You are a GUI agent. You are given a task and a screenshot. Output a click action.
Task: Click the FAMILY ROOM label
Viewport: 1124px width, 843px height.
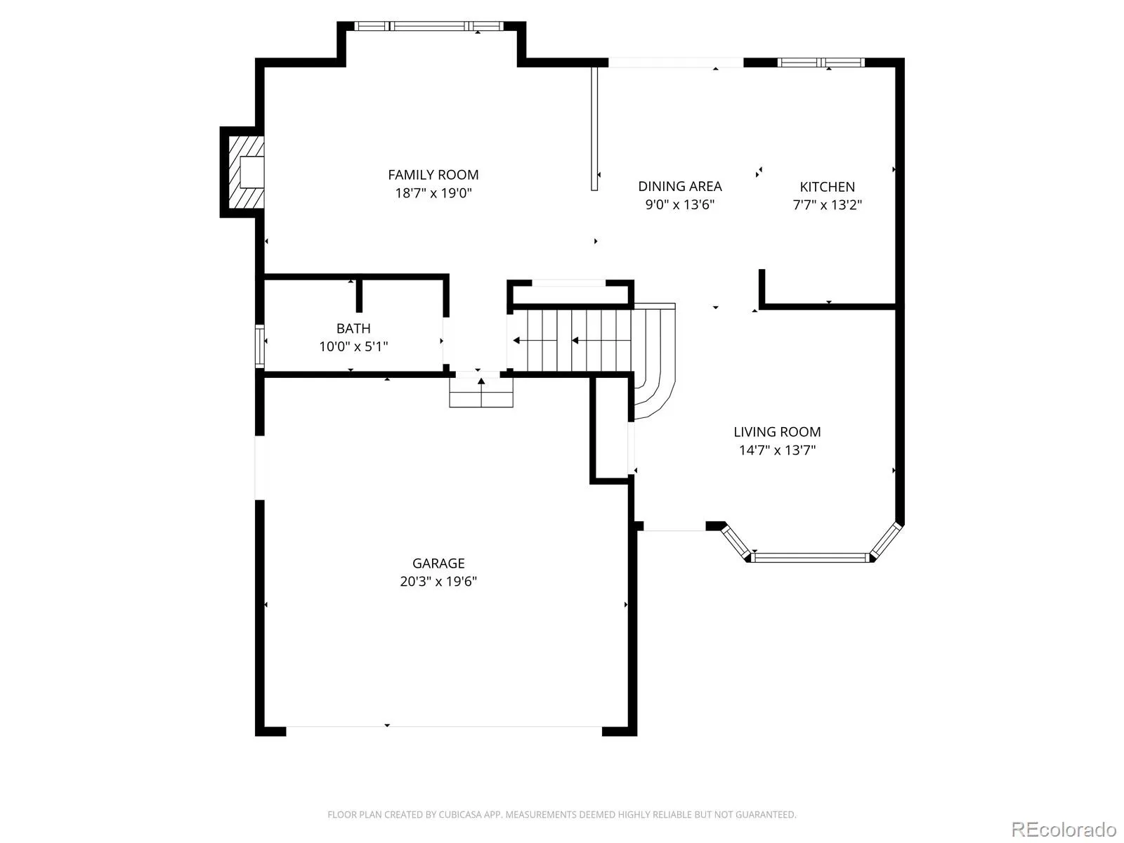click(433, 175)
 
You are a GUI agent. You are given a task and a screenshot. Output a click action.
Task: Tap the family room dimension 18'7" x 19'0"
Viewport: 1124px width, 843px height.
click(433, 193)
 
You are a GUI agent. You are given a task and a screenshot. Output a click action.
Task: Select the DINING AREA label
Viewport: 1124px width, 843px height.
click(679, 186)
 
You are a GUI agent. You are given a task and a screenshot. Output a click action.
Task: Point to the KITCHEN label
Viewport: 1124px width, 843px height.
click(827, 187)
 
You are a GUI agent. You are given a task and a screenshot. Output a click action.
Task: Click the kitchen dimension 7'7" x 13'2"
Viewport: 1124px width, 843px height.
click(827, 204)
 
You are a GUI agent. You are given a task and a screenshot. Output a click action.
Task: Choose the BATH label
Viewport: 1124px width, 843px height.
click(353, 329)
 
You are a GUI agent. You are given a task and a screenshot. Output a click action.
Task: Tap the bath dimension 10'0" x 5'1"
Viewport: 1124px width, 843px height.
click(353, 346)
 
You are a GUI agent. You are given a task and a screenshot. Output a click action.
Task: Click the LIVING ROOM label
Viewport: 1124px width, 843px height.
click(777, 432)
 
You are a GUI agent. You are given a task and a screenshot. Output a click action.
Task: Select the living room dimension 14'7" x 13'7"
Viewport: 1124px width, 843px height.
click(777, 450)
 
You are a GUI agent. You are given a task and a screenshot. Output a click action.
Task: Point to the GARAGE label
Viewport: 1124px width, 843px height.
click(438, 563)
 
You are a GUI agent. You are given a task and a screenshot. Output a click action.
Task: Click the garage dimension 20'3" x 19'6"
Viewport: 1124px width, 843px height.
click(438, 582)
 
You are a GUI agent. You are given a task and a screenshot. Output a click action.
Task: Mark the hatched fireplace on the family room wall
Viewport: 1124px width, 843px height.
click(246, 172)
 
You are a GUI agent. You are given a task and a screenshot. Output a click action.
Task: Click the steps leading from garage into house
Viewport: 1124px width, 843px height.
click(481, 393)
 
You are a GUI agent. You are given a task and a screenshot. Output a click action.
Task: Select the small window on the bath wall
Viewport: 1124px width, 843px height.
click(260, 346)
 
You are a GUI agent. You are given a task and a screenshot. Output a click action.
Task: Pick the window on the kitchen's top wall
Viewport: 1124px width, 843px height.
click(821, 63)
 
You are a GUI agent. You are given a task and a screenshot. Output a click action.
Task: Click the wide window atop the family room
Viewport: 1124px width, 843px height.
click(429, 26)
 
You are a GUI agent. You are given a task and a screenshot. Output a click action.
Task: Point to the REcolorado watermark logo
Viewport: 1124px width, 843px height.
click(1064, 829)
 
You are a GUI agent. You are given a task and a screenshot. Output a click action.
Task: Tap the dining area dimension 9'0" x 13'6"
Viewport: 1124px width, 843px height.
click(679, 204)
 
